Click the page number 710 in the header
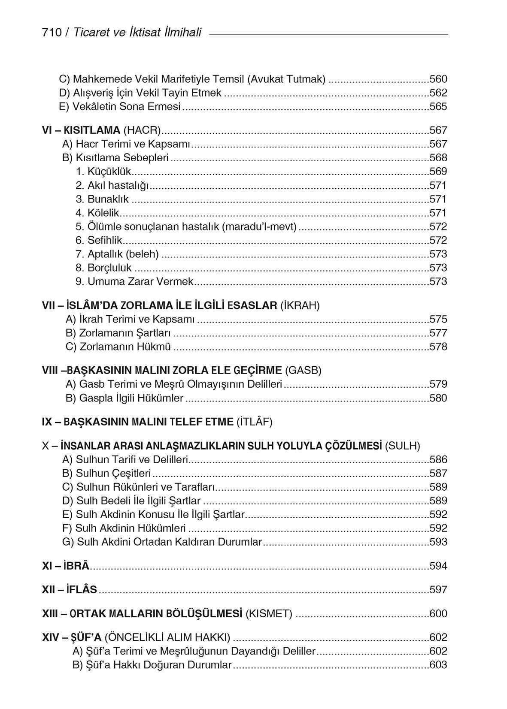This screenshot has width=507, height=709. point(52,33)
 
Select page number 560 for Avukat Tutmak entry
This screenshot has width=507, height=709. point(438,79)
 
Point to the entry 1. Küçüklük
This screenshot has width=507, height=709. point(103,172)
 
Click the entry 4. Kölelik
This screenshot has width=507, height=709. point(97,213)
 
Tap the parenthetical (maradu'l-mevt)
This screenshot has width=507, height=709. point(259,226)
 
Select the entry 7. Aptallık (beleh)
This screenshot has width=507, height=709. point(117,254)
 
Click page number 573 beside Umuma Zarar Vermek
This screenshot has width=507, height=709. point(438,281)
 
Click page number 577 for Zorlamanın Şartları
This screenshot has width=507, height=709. point(438,333)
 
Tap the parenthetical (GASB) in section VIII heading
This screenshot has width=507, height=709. point(303,370)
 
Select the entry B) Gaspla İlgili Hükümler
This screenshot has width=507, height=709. point(124,398)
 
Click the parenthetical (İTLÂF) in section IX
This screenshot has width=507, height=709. point(254,422)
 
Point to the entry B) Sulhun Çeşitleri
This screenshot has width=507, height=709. point(106,473)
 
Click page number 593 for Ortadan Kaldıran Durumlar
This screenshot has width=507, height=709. point(438,542)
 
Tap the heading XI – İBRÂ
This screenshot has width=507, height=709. point(66,566)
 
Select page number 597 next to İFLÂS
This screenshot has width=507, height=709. point(438,589)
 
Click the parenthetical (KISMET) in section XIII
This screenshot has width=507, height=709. point(268,613)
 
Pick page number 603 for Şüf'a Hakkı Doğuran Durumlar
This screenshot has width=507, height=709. point(438,665)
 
